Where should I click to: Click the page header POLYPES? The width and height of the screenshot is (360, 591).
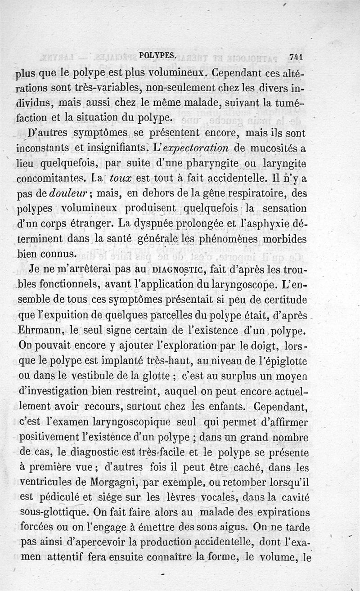coord(157,55)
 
